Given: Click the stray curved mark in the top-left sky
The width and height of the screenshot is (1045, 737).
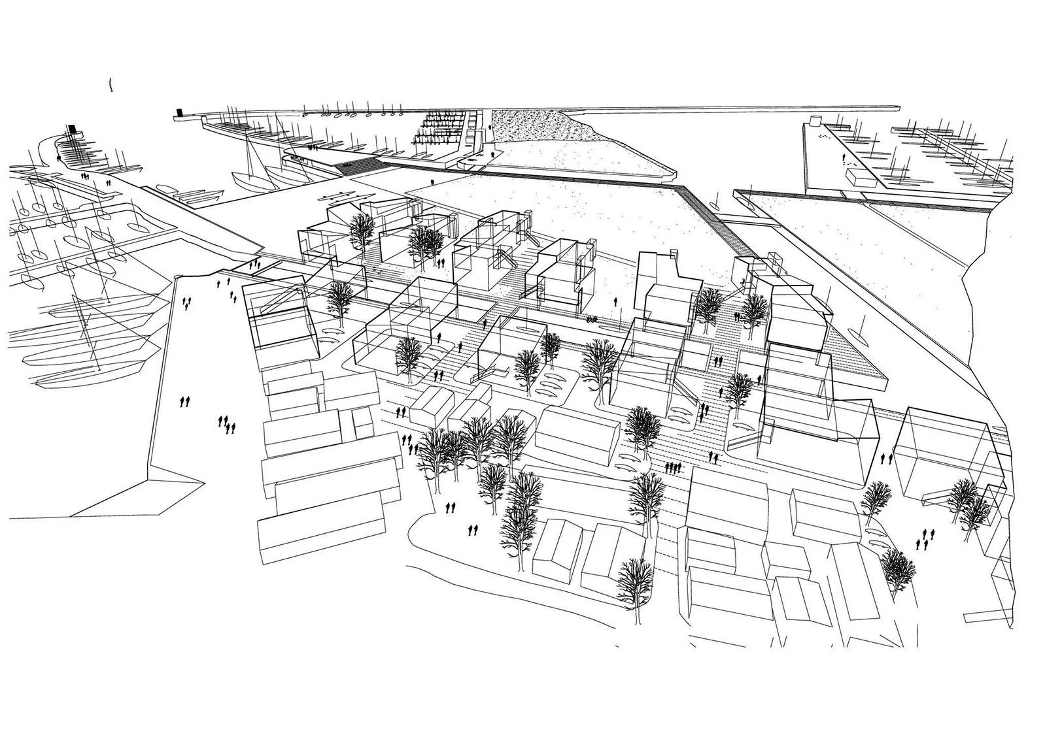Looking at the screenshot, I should pos(111,83).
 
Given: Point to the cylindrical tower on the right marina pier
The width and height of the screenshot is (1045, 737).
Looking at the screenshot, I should pos(815,120).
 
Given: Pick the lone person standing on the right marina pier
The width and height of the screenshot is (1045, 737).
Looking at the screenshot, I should pos(844,158).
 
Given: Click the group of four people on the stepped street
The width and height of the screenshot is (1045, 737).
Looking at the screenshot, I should pos(672,467).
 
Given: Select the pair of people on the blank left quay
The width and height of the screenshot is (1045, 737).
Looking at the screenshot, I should pos(186,401).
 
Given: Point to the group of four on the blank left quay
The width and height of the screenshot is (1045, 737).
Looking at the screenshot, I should pos(226,425).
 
